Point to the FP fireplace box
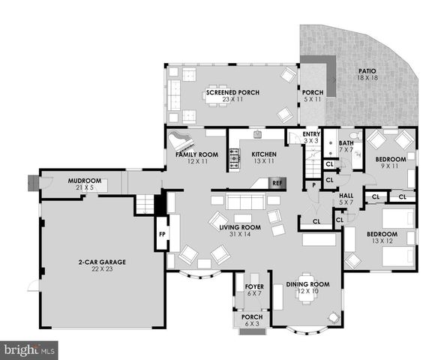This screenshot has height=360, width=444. click(162, 233)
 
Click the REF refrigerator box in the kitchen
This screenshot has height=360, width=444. click(277, 182)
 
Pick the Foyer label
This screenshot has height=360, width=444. click(253, 287)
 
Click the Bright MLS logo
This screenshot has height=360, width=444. click(30, 349)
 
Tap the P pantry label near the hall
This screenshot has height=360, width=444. click(313, 184)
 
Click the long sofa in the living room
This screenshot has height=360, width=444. click(238, 202)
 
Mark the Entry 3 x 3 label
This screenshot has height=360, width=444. click(311, 136)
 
